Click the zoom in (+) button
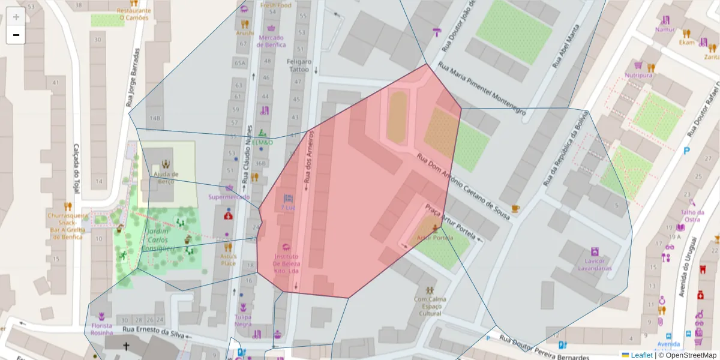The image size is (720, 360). tap(16, 17)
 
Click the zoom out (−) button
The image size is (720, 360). tap(16, 35)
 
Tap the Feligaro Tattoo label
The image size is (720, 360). tap(299, 65)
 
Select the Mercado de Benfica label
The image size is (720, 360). tap(271, 41)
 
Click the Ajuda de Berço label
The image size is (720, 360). tap(166, 178)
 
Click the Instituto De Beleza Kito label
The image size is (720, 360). tap(286, 264)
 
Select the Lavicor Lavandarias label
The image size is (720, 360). tap(594, 265)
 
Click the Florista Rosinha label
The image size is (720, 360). tap(101, 329)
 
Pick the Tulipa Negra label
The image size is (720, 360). tap(243, 320)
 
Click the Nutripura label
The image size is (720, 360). tap(638, 76)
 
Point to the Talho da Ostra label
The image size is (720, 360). tap(691, 215)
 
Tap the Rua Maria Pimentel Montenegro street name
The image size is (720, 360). tap(482, 89)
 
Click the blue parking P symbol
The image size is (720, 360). tap(687, 150)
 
